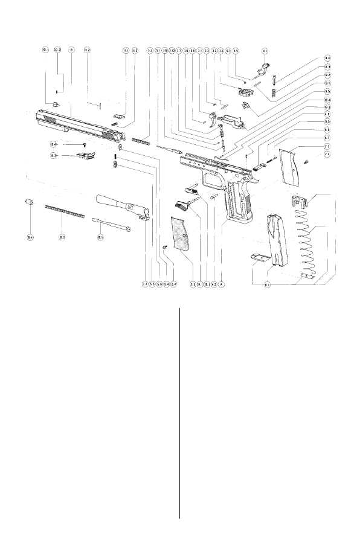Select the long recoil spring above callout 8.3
point(64,211)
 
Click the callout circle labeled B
point(71,50)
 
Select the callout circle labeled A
point(222,283)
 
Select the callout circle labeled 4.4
point(327,59)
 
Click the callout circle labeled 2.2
point(327,147)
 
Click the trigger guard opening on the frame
point(213,181)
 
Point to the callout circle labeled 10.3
point(327,107)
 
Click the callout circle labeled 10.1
point(45,50)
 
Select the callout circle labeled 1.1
point(145,283)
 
